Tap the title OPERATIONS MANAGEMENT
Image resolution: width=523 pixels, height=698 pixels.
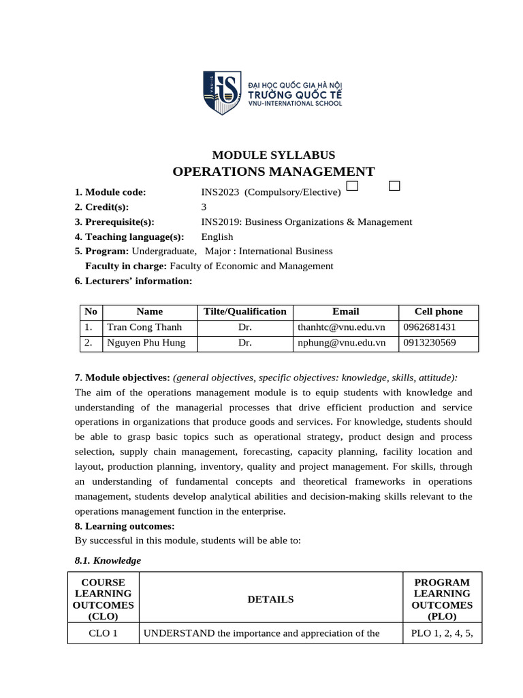pos(273,172)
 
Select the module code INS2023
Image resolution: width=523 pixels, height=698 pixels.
pos(220,192)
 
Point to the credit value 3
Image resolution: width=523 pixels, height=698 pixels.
pos(204,207)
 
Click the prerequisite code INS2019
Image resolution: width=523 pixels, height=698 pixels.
pos(220,222)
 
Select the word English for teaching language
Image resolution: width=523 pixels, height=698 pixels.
pos(217,237)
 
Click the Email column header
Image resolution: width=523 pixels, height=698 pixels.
pos(345,312)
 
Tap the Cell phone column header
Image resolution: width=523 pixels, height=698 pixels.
pos(438,312)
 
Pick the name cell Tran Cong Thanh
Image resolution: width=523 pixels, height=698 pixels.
pos(144,327)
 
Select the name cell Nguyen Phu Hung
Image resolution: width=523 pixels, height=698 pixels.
pos(146,343)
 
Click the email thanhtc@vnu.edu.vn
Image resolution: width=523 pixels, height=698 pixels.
pos(341,327)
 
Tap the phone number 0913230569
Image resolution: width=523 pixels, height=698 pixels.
pos(429,343)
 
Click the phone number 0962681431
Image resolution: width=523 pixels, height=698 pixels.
pos(429,327)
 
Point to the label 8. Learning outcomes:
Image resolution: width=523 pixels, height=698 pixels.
pos(124,526)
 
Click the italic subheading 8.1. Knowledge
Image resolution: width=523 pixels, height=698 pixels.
pos(107,560)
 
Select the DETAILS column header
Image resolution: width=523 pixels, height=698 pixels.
pos(270,600)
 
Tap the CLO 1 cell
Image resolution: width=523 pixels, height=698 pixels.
pos(103,633)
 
